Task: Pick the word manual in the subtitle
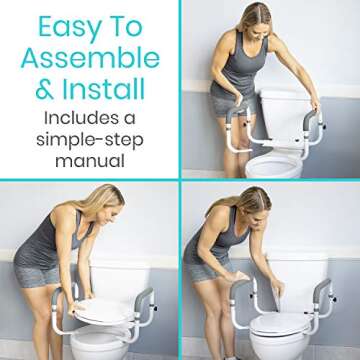click(x=90, y=160)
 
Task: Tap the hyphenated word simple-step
click(x=90, y=140)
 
